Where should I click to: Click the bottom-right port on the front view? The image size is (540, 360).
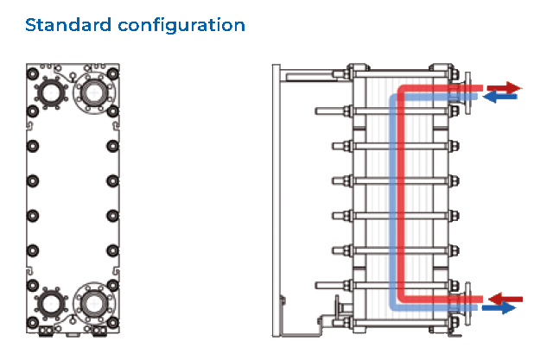click(x=93, y=301)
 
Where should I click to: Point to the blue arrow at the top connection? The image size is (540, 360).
click(x=499, y=98)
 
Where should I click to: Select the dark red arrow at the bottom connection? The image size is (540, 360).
click(x=505, y=299)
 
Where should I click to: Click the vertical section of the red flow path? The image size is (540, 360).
click(x=403, y=194)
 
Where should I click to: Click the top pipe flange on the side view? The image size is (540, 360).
click(x=467, y=92)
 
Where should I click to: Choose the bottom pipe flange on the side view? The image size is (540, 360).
click(x=467, y=303)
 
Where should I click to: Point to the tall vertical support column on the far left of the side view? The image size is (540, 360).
click(x=274, y=199)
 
